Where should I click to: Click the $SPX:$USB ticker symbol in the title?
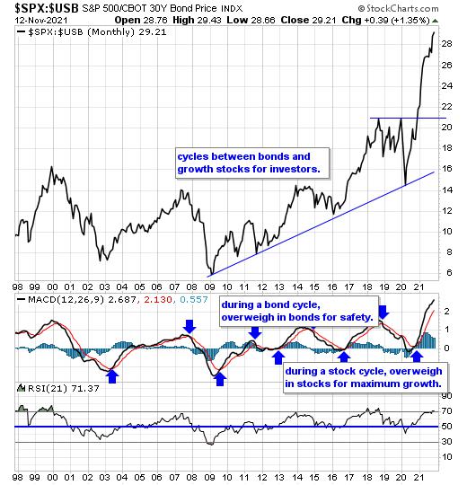point(47,8)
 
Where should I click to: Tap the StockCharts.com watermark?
point(398,8)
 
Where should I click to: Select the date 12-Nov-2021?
point(41,21)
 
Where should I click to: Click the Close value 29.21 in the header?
point(324,21)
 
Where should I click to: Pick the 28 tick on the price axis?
point(446,44)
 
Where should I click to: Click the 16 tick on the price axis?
point(446,169)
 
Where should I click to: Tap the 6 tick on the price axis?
point(449,273)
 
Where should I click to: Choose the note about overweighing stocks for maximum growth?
point(365,377)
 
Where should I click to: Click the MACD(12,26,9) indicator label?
point(66,300)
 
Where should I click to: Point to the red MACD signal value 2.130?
point(158,300)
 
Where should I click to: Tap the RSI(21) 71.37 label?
point(64,389)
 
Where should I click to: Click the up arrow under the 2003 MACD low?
point(112,376)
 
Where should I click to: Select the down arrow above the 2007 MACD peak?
point(189,327)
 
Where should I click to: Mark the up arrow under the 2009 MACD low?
point(220,379)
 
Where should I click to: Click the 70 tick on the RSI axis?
point(446,411)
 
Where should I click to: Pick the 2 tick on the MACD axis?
point(446,312)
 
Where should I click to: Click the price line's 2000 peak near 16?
point(52,167)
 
